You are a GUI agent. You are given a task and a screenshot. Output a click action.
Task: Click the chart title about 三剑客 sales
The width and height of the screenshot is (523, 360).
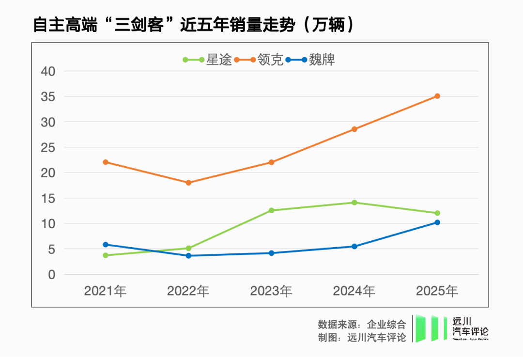[x=194, y=24]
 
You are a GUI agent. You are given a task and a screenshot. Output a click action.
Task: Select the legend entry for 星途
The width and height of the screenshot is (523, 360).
[x=208, y=60]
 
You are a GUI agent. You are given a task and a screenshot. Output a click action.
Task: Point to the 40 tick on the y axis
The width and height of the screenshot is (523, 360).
[x=48, y=71]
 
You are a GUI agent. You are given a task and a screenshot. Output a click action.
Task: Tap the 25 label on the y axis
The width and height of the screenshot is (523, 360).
[x=48, y=147]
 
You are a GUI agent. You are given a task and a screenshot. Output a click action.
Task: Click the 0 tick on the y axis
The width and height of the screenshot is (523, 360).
[x=52, y=274]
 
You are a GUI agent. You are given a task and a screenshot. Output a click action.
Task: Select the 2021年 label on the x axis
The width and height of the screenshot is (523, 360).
[x=105, y=291]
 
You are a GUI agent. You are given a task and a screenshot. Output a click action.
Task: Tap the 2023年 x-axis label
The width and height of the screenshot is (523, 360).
[x=271, y=291]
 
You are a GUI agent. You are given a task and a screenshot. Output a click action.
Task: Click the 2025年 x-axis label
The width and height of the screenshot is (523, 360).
[x=437, y=291]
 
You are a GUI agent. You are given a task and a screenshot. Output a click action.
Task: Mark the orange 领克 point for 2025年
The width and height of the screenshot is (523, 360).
[x=437, y=96]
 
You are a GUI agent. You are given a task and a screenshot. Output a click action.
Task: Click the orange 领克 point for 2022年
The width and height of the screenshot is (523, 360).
[x=188, y=183]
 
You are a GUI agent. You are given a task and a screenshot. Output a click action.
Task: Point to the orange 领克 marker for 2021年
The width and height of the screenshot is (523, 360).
[x=106, y=162]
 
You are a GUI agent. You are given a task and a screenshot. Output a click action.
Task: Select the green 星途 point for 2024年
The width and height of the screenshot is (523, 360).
[x=354, y=203]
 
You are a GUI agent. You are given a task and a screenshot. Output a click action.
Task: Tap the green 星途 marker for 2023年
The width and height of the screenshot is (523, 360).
[x=271, y=210]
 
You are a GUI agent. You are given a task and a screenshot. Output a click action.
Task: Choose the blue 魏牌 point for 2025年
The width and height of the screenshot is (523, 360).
[x=437, y=222]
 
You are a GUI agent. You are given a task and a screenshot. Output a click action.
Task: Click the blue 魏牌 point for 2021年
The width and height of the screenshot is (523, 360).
[x=106, y=245]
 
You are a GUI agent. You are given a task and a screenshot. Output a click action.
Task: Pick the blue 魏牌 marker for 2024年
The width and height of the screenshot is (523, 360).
[x=354, y=246]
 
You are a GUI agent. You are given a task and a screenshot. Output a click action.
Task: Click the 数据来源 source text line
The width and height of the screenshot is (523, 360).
[x=362, y=325]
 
